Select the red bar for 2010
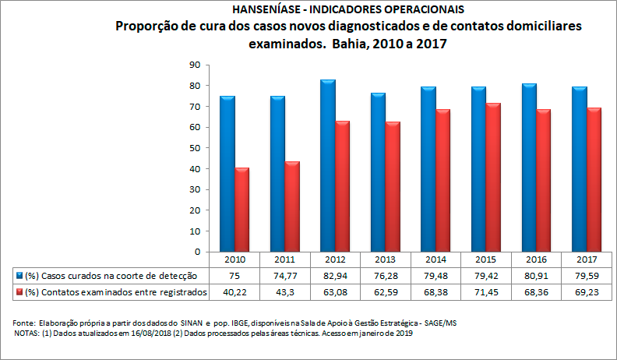click(x=242, y=210)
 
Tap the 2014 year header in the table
click(x=435, y=259)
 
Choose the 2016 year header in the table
click(x=537, y=259)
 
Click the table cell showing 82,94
click(x=335, y=275)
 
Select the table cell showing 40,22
click(x=234, y=292)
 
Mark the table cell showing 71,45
click(x=486, y=292)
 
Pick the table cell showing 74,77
click(x=284, y=275)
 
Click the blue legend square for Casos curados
click(x=19, y=275)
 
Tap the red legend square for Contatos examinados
click(x=19, y=292)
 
